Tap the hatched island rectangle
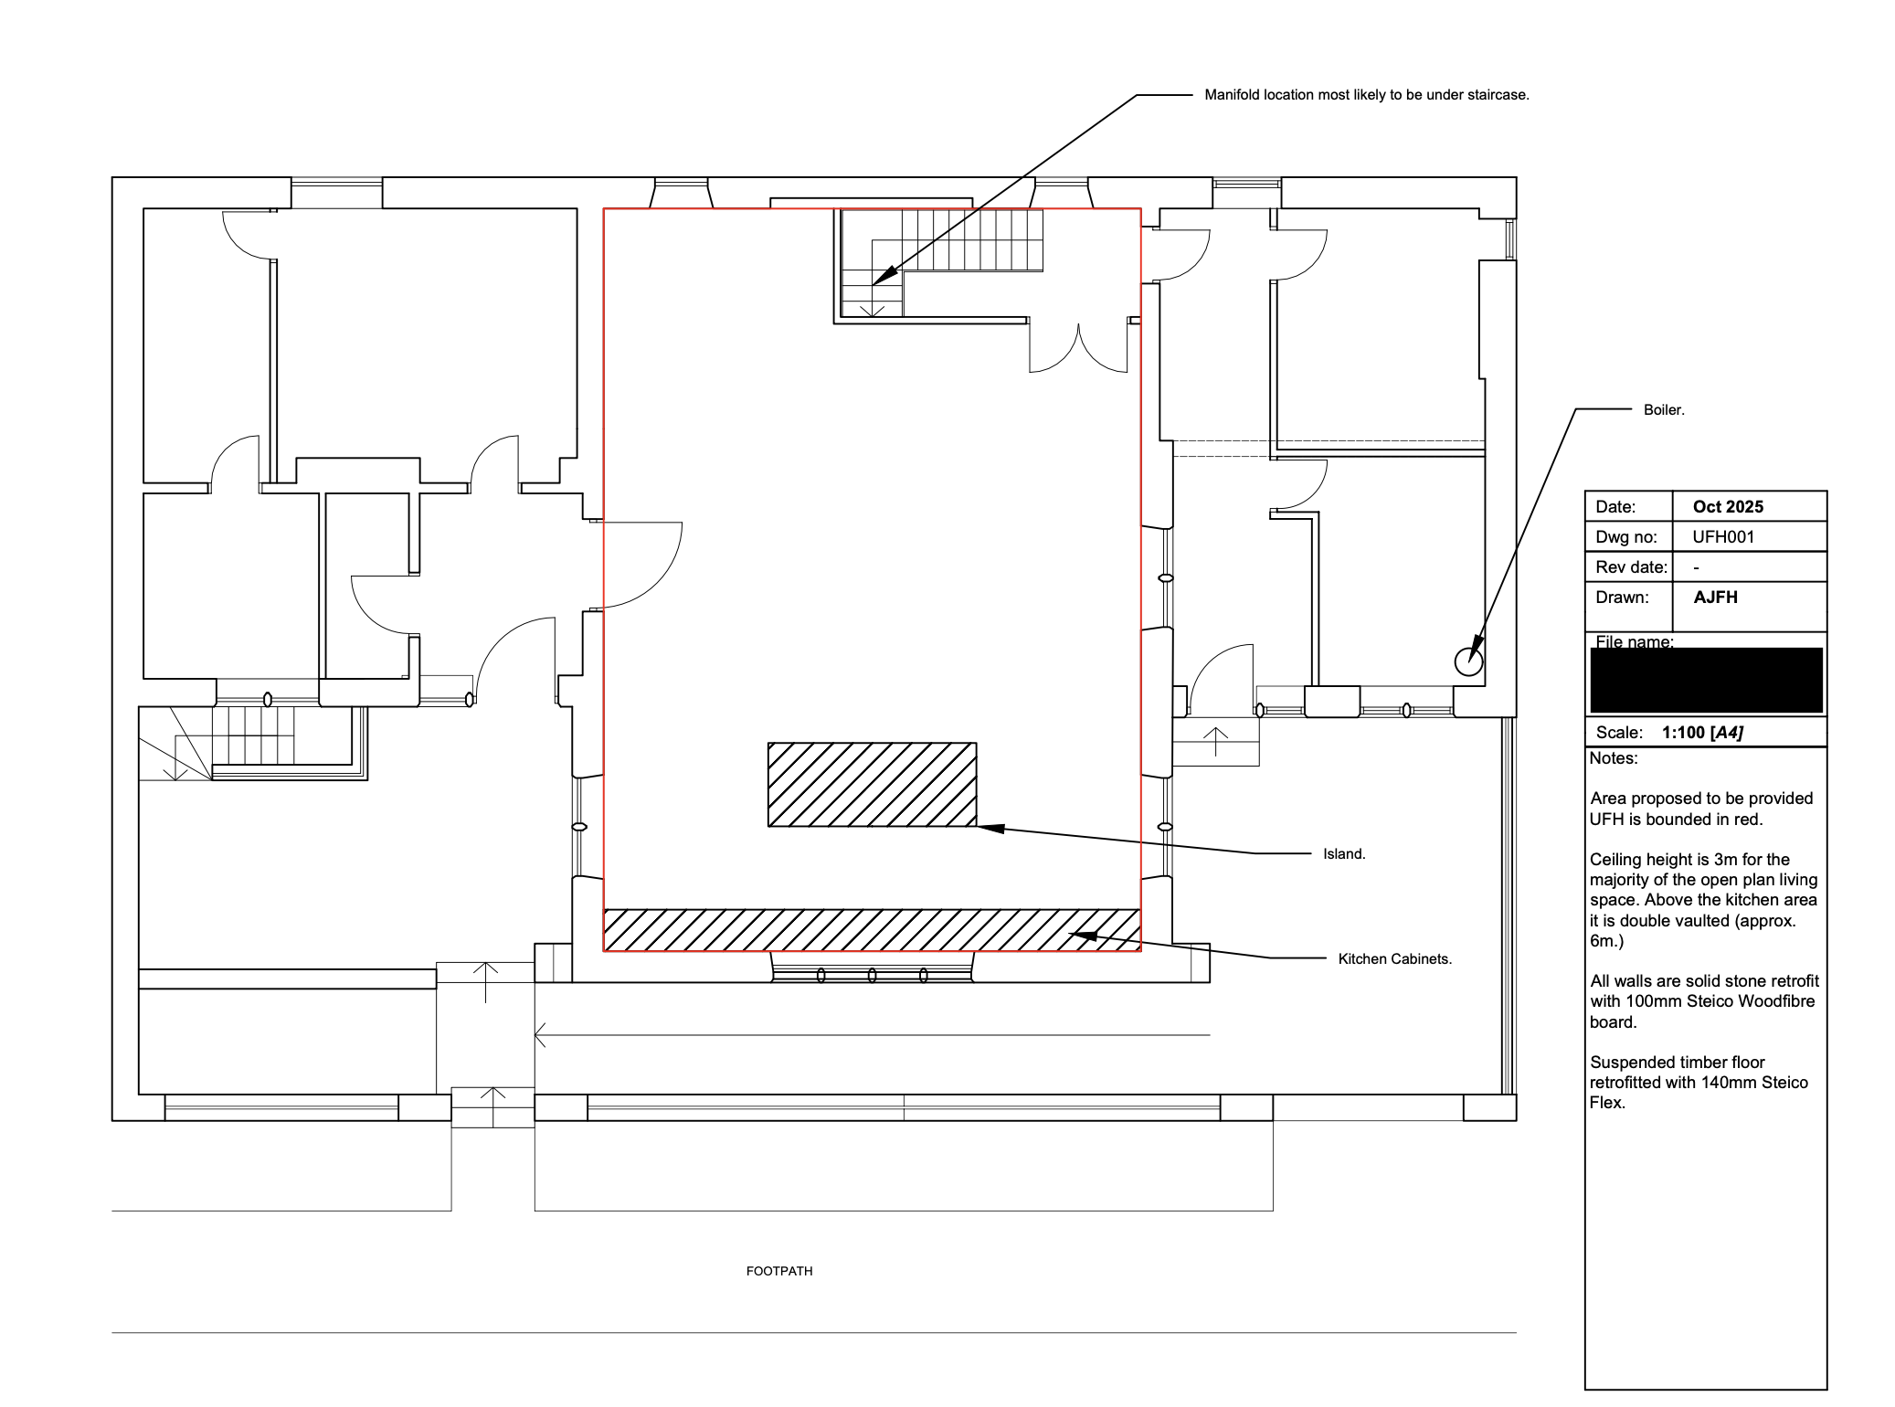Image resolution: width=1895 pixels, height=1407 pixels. tap(872, 785)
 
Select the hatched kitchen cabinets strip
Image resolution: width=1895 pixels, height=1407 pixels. tap(872, 930)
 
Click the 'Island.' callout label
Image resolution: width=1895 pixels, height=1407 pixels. tap(1344, 854)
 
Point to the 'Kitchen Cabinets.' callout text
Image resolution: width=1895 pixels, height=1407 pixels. tap(1395, 959)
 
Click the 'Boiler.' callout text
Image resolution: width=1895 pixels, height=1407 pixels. tap(1664, 410)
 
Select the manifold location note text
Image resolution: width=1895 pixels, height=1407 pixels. tap(1367, 95)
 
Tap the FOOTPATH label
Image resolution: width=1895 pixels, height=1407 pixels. tap(779, 1271)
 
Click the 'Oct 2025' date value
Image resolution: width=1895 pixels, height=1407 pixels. tap(1728, 507)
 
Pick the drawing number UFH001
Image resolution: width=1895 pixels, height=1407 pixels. tap(1723, 537)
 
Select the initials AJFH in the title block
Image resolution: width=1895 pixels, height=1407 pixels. tap(1715, 598)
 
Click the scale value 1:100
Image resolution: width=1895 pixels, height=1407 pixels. tap(1683, 733)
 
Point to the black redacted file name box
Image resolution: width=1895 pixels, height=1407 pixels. tap(1706, 681)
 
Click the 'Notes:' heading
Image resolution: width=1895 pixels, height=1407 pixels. tap(1614, 758)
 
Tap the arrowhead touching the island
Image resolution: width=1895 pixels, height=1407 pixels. tap(991, 829)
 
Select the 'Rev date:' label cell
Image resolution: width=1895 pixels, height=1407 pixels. tap(1631, 567)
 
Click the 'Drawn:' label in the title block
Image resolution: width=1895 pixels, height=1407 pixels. tap(1622, 598)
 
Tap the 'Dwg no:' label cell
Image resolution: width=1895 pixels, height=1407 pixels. tap(1626, 537)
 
